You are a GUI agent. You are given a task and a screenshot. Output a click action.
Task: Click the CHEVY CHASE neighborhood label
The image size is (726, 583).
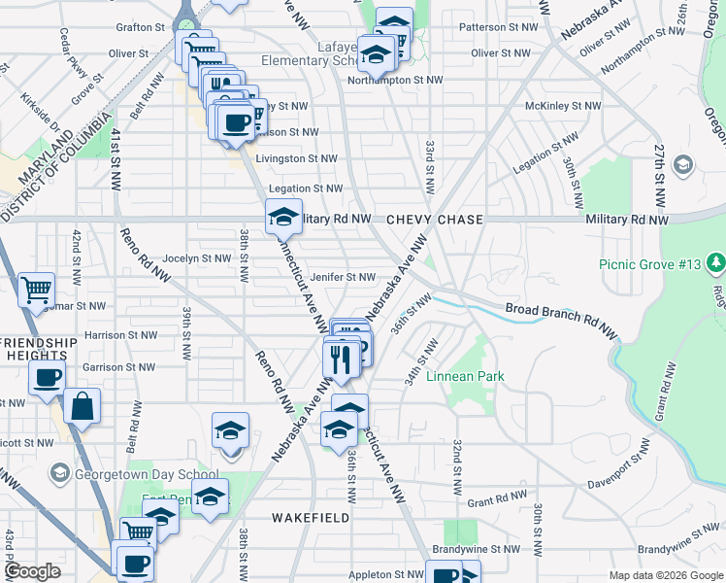pos(435,221)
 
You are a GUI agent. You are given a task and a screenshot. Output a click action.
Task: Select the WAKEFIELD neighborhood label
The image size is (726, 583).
pos(310,518)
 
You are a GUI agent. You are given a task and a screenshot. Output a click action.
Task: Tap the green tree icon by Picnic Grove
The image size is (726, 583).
pos(715,262)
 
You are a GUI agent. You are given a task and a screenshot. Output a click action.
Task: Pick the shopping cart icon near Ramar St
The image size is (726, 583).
pos(36,290)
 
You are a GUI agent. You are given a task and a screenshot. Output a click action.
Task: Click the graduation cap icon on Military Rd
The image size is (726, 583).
pos(282,217)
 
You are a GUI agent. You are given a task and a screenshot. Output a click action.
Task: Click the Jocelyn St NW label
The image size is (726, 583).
pos(196,258)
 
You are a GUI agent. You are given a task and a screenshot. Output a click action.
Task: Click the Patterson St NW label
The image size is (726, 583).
pos(495,27)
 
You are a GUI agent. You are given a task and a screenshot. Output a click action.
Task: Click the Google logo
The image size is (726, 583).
pos(33,571)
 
